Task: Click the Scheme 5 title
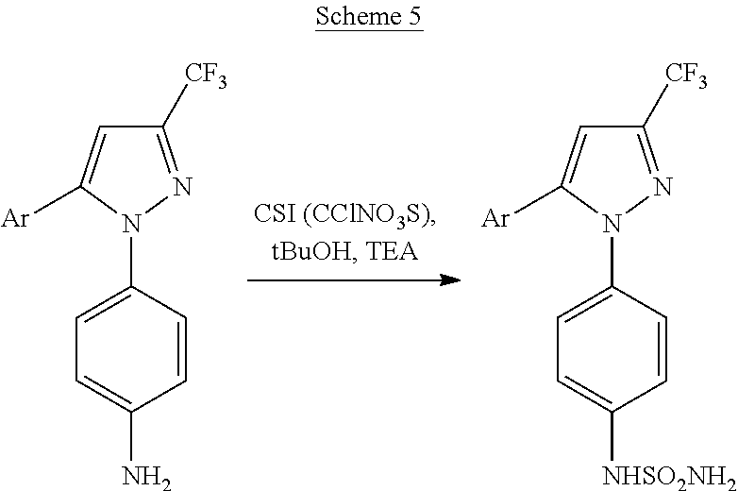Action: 369,17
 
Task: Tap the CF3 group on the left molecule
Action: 206,76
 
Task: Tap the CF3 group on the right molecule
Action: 686,76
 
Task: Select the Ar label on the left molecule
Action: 14,219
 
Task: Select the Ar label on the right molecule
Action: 495,219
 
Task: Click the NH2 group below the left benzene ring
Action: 147,477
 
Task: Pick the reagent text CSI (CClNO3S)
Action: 344,214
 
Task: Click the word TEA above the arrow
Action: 392,251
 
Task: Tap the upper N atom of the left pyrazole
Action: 183,186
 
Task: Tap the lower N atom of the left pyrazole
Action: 131,223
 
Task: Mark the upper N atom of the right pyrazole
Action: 663,186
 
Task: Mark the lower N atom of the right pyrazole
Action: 612,223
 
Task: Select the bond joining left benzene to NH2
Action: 131,436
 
